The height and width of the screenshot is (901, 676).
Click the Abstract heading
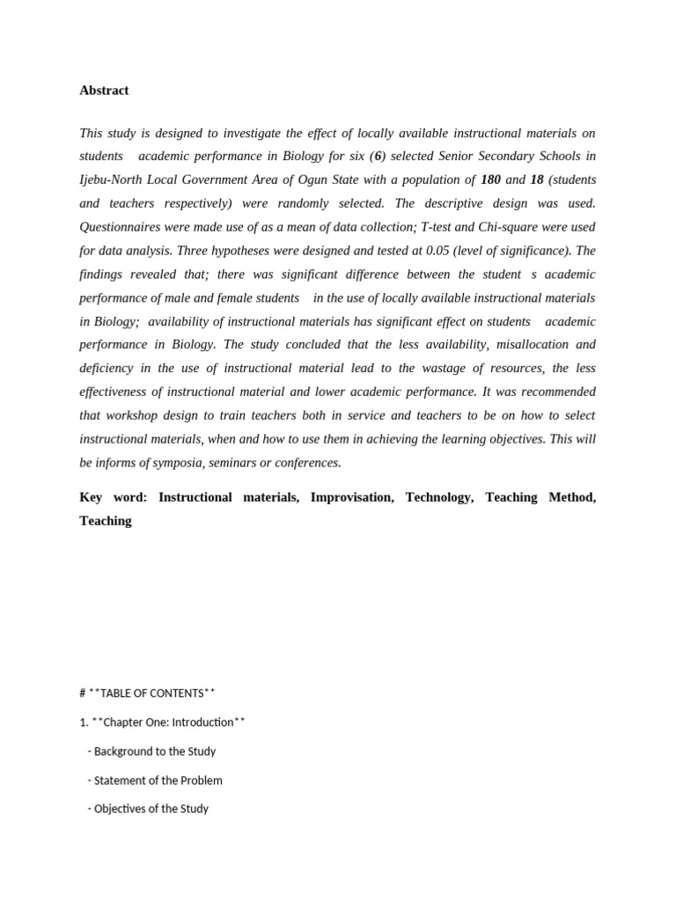click(104, 91)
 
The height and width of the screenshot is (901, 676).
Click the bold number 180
click(490, 179)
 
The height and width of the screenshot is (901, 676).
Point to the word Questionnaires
click(120, 227)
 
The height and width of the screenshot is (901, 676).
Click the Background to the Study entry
click(154, 751)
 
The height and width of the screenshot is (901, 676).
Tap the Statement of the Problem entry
click(158, 780)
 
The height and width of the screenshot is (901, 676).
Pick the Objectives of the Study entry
click(151, 809)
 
